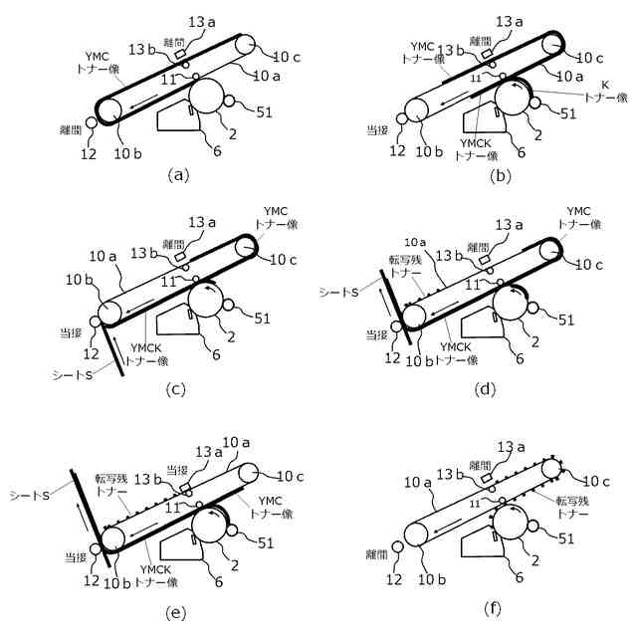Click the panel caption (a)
coord(178,175)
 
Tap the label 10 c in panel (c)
coord(285,262)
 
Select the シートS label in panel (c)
coord(75,373)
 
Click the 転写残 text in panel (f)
coord(574,501)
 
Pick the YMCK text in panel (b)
coord(471,141)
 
